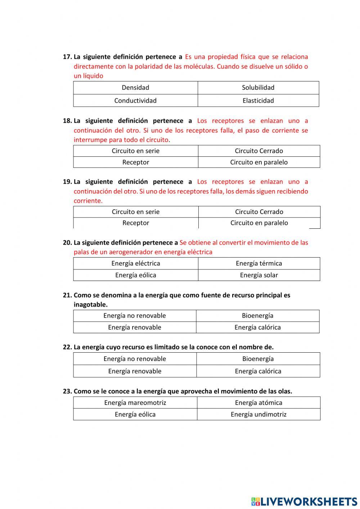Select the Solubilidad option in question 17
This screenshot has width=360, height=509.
pos(258,88)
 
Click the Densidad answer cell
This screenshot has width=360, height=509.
pos(135,88)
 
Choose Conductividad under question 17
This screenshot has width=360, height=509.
pos(135,101)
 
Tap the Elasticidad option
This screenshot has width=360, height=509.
pos(258,101)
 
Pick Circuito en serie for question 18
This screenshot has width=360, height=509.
pos(135,151)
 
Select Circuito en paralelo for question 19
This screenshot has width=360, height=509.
pos(259,223)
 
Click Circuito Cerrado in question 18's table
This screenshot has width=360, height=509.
pos(259,151)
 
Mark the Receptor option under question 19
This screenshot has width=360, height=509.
pos(135,223)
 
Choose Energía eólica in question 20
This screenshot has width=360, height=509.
pos(135,275)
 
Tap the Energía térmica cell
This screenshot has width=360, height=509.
pos(259,263)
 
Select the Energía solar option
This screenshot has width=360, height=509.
pos(259,275)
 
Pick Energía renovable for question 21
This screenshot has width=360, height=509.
pos(135,327)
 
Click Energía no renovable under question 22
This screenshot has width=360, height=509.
pos(135,359)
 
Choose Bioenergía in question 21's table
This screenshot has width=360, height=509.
pos(257,316)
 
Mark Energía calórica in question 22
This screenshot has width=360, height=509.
pos(258,371)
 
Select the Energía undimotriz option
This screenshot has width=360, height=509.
pos(258,414)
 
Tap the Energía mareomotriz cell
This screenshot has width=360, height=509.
pos(135,403)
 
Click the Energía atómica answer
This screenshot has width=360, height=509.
pos(258,403)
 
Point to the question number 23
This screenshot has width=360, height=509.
pos(67,391)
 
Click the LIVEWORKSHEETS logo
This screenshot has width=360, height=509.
pos(304,501)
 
